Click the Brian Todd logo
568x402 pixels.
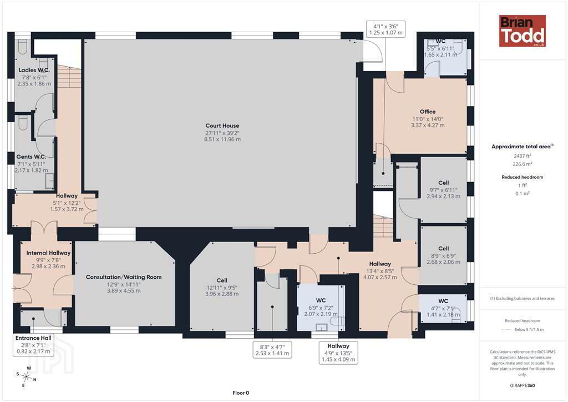click(x=523, y=31)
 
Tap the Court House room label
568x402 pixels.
click(x=222, y=126)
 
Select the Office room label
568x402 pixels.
click(x=428, y=112)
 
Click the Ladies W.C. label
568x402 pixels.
click(x=34, y=70)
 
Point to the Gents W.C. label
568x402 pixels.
click(x=31, y=157)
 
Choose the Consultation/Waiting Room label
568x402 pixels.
click(x=124, y=277)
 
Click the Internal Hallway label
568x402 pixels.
click(x=48, y=253)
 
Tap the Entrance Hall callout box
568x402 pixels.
click(x=33, y=344)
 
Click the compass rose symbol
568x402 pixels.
click(x=26, y=377)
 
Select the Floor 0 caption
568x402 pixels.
click(x=241, y=393)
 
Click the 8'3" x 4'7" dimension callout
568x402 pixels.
click(x=272, y=350)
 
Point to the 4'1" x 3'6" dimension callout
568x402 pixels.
click(x=386, y=29)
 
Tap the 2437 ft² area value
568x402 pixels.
click(x=522, y=156)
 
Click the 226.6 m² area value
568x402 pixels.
click(x=522, y=164)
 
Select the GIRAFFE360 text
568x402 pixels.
click(x=522, y=385)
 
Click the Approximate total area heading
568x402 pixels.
click(x=522, y=147)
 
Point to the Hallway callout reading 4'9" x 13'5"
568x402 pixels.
click(x=338, y=353)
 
